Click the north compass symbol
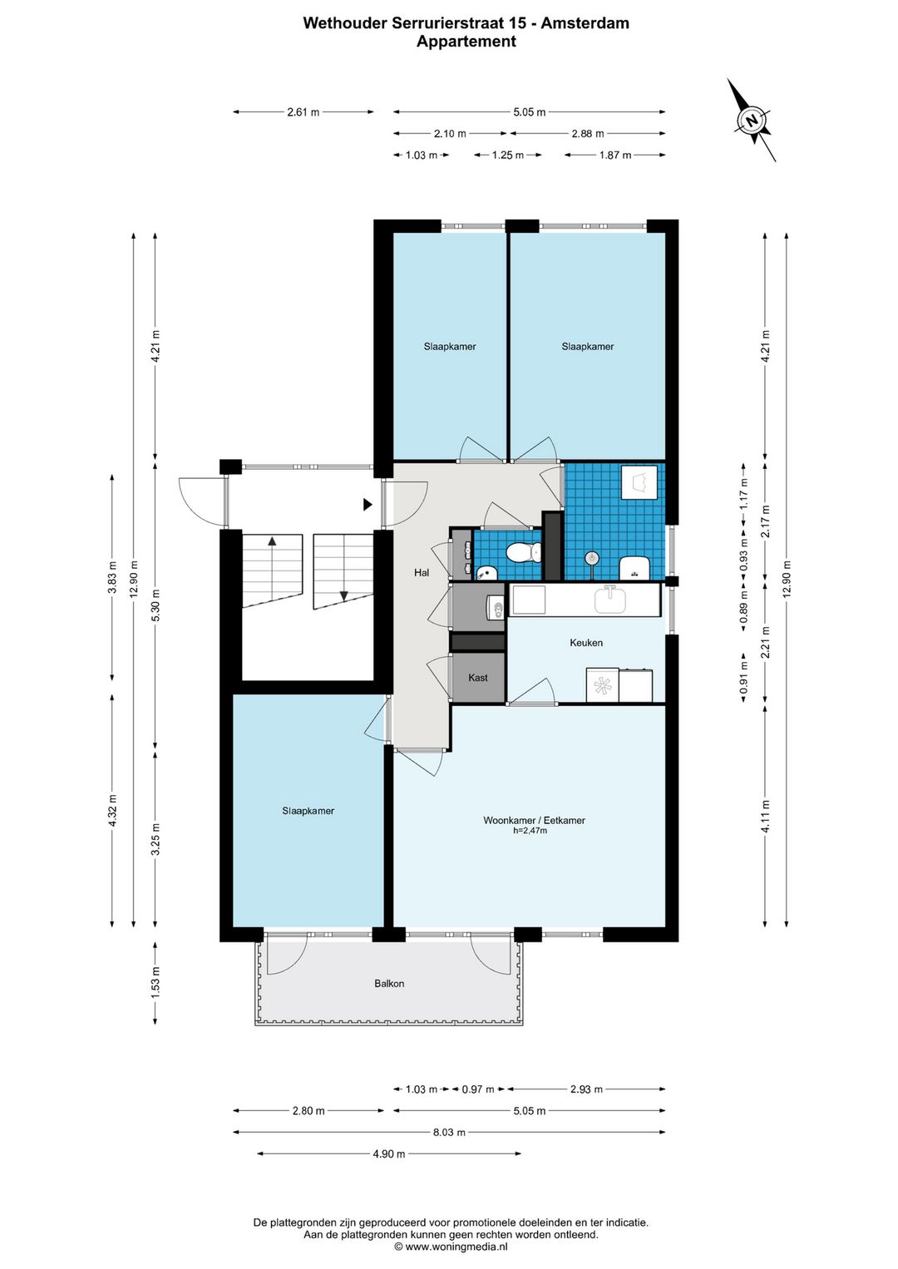(752, 120)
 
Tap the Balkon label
(389, 984)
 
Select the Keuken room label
(586, 643)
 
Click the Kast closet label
(477, 678)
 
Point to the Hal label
(421, 573)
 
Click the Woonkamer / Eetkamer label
(534, 820)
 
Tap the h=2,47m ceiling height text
(530, 831)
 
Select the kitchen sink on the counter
(611, 600)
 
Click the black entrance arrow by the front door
(368, 504)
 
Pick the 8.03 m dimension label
(449, 1132)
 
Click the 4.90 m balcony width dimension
(388, 1153)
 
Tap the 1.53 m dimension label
(155, 983)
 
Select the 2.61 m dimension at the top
(303, 112)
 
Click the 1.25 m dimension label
(508, 155)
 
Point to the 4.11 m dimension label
(766, 816)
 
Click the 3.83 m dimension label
(112, 577)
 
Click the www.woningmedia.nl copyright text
(451, 1247)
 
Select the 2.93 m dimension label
(586, 1089)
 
